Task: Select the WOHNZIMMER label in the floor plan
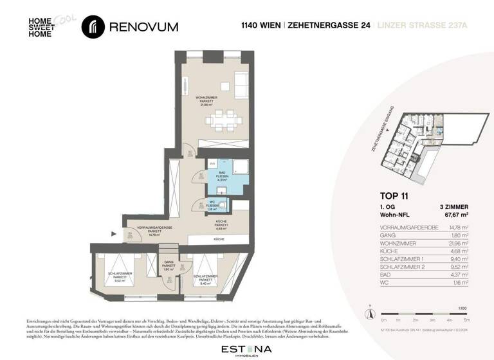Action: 208,100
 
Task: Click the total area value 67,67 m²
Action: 455,215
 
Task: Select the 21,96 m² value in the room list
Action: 459,244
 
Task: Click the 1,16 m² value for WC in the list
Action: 460,282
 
